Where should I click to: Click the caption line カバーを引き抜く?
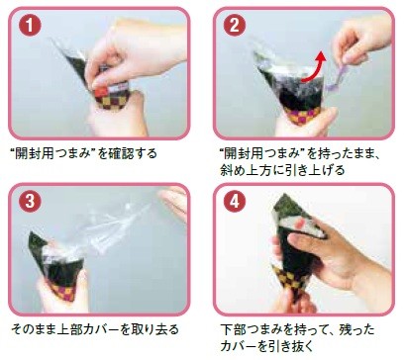262,341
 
